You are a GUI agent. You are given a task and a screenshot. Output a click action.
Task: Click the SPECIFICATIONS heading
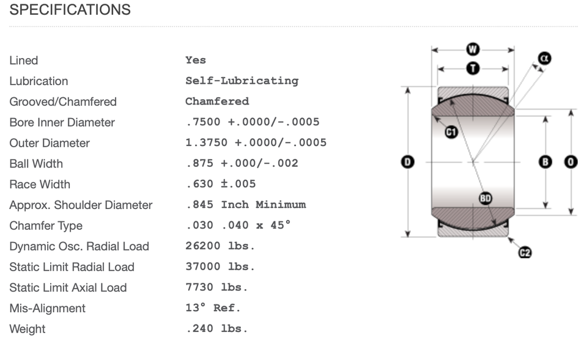tap(70, 10)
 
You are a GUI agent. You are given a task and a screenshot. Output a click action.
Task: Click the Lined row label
tap(24, 61)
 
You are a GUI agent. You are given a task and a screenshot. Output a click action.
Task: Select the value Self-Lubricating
tap(242, 81)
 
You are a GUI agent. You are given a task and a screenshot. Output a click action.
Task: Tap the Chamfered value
tap(217, 101)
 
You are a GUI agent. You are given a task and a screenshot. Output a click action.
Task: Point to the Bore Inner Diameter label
tap(62, 122)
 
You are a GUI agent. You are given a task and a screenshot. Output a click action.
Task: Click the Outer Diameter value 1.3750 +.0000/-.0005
tap(256, 142)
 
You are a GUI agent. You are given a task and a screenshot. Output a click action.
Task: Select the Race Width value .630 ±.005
tap(220, 184)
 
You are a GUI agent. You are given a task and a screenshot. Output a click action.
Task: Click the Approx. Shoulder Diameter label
tap(81, 205)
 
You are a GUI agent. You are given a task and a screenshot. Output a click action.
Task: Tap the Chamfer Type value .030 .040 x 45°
tap(238, 226)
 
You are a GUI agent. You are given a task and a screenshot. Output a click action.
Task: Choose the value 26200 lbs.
tap(220, 246)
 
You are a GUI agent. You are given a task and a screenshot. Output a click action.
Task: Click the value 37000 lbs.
tap(220, 267)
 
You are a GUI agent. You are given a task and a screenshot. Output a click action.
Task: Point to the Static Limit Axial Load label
tap(68, 288)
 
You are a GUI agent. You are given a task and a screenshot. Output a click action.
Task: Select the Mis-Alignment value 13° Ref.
tap(213, 308)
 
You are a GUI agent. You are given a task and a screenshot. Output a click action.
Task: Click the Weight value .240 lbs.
tap(216, 329)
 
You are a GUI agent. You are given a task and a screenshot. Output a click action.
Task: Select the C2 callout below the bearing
tap(524, 252)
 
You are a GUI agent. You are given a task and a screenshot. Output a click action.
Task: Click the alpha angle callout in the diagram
tap(544, 58)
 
